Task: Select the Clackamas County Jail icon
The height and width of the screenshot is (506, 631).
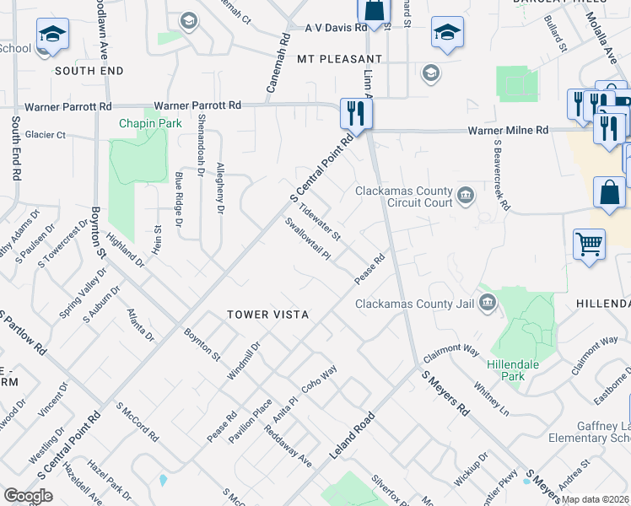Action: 487,303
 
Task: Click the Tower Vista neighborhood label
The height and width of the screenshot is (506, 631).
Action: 267,315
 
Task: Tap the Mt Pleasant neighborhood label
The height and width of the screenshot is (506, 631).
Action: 340,59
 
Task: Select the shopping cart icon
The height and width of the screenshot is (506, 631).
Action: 589,245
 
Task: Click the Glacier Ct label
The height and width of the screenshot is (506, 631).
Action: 45,135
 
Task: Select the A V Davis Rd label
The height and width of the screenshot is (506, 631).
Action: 336,27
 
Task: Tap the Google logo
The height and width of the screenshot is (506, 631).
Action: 28,496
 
